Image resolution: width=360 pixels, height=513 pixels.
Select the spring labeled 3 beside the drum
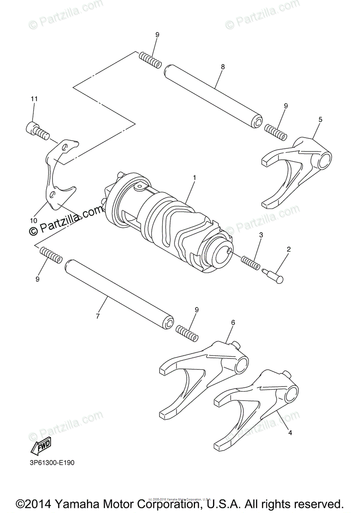(x=251, y=262)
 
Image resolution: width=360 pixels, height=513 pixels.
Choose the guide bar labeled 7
(x=120, y=295)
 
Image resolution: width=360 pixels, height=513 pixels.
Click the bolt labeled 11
(x=36, y=130)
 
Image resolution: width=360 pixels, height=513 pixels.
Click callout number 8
(x=223, y=67)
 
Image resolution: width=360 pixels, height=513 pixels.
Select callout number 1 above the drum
(x=194, y=177)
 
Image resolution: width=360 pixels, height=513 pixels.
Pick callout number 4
(x=290, y=433)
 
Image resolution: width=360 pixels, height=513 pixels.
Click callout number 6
(x=233, y=323)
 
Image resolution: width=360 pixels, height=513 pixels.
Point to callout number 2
(x=289, y=248)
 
